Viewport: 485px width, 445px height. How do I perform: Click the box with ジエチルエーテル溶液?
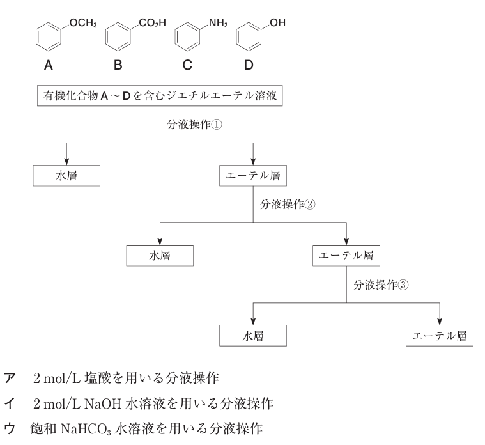click(158, 97)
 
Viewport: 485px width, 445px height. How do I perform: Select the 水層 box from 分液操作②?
click(160, 255)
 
